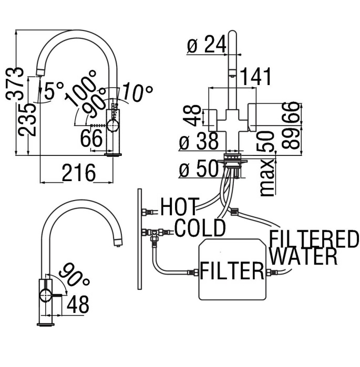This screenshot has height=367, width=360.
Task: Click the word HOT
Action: tap(180, 206)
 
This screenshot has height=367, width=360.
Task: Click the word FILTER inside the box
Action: tap(231, 271)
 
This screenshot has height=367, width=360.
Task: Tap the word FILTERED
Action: tap(313, 239)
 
